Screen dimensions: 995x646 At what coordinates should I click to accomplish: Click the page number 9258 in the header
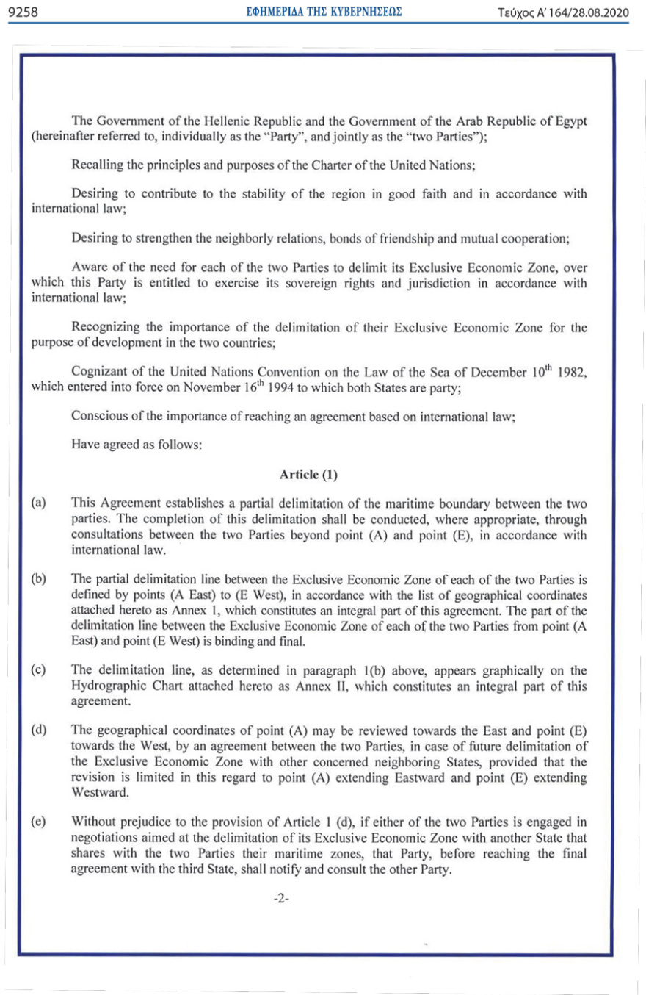[x=22, y=12]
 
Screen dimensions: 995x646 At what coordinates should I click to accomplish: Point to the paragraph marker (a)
[x=38, y=503]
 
